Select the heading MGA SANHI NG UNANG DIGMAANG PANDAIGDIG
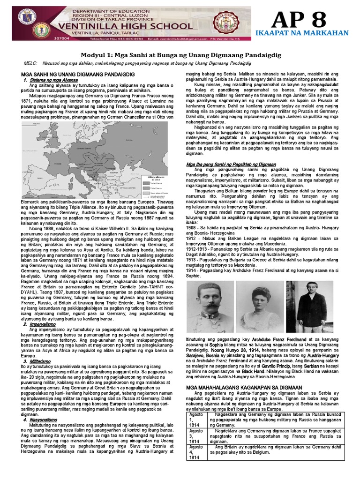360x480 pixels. pyautogui.click(x=78, y=75)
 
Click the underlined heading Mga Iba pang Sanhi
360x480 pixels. pyautogui.click(x=231, y=165)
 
